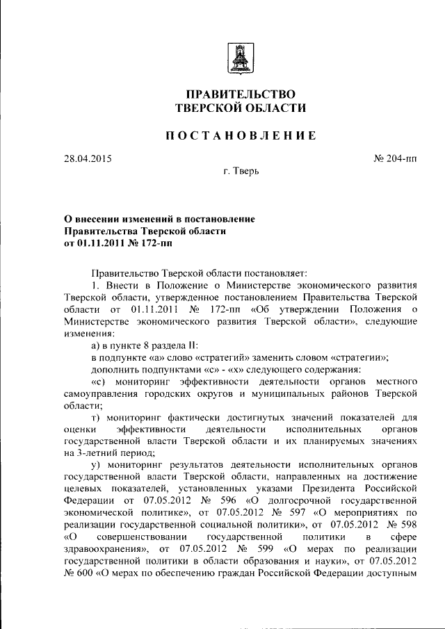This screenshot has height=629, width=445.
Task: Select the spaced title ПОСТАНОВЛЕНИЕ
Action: click(240, 136)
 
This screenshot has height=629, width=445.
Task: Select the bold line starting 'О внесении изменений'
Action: click(159, 219)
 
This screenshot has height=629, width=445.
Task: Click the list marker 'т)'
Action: click(97, 417)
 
